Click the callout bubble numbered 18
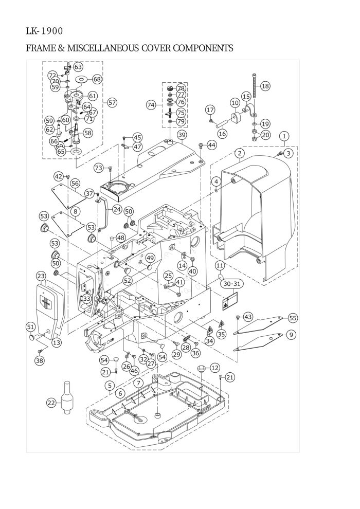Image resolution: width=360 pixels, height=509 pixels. [265, 86]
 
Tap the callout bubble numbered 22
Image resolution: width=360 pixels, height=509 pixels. [51, 403]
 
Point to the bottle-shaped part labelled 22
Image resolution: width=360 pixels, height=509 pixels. [67, 397]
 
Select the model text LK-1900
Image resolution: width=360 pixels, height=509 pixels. [44, 31]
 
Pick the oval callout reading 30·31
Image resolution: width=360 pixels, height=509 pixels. [232, 284]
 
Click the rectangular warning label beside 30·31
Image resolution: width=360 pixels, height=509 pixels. [230, 302]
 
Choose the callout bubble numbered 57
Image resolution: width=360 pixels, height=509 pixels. [112, 103]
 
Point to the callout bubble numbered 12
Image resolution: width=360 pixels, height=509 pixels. [215, 368]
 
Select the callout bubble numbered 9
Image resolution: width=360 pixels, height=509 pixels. [291, 334]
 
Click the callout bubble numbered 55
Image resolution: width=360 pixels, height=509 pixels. [293, 318]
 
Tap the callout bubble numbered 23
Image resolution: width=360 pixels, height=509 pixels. [41, 276]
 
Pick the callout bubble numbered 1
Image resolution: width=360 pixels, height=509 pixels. [284, 136]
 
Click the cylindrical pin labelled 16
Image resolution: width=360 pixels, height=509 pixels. [224, 124]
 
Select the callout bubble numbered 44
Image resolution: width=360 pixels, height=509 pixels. [212, 145]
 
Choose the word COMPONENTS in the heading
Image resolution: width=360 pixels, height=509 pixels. [203, 48]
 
